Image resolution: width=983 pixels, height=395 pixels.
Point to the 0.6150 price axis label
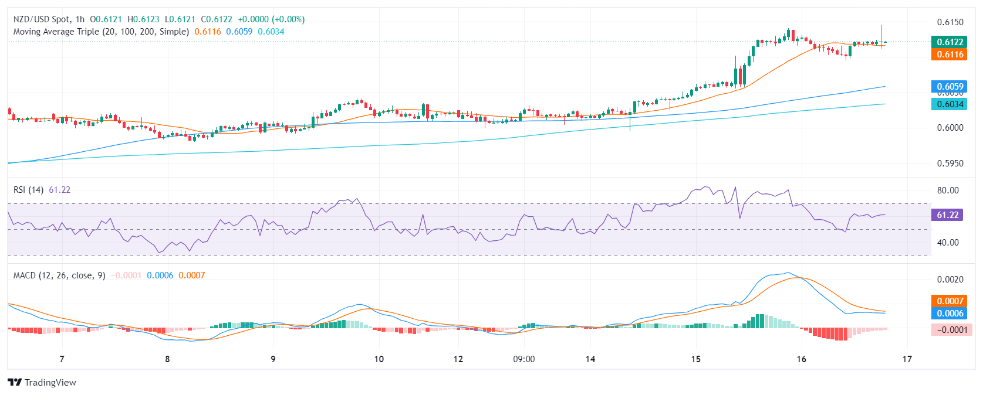pyautogui.click(x=950, y=22)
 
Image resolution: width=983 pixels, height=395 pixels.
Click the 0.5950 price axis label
pyautogui.click(x=950, y=164)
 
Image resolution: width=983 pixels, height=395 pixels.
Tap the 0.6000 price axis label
pyautogui.click(x=950, y=128)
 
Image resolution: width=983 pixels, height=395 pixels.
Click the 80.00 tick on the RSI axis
pyautogui.click(x=948, y=190)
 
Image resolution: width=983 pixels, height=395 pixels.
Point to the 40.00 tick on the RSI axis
pyautogui.click(x=948, y=243)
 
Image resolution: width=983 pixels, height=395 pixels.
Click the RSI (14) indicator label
pyautogui.click(x=28, y=190)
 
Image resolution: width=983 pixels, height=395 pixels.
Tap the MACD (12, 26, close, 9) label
pyautogui.click(x=59, y=275)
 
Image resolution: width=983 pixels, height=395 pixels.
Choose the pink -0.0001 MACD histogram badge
pyautogui.click(x=951, y=330)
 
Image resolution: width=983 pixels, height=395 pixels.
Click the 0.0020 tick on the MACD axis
pyautogui.click(x=950, y=280)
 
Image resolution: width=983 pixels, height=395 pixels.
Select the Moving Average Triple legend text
pyautogui.click(x=101, y=32)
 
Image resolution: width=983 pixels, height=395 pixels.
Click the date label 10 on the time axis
pyautogui.click(x=379, y=359)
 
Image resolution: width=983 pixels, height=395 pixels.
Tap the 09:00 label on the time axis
pyautogui.click(x=523, y=359)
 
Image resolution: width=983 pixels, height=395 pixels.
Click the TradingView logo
pyautogui.click(x=42, y=383)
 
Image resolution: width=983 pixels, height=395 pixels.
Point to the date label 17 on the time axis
pyautogui.click(x=907, y=359)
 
